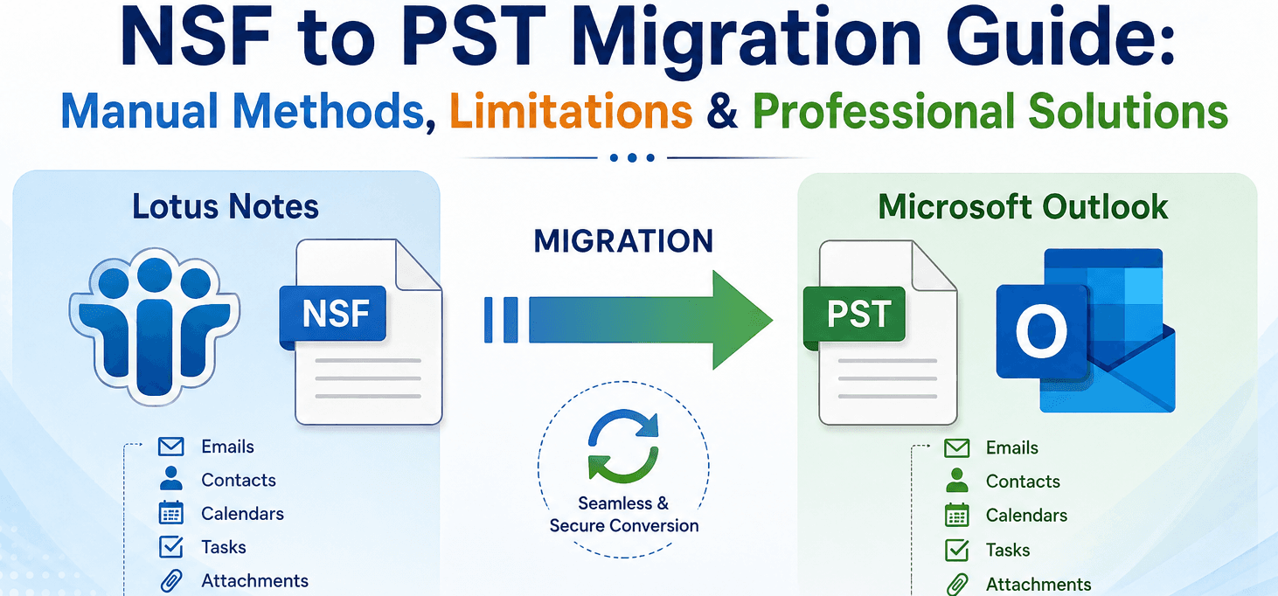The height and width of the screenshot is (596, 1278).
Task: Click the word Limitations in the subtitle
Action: pos(571,111)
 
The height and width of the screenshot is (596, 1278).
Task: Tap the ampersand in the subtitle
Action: pos(722,111)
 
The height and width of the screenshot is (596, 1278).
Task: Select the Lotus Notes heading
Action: pos(226,206)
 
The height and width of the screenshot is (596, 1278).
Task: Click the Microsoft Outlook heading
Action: pos(1023,206)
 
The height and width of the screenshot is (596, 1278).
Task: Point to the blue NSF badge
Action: pos(333,315)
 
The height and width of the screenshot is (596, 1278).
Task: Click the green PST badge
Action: pos(855,315)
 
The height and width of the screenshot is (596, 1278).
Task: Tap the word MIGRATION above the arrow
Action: pos(623,240)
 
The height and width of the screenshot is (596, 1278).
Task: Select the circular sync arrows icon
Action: pos(623,446)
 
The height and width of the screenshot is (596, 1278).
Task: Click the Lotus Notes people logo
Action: pos(155,325)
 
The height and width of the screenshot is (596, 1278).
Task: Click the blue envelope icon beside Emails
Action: pos(171,447)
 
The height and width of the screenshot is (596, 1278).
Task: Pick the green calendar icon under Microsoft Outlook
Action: pos(957,515)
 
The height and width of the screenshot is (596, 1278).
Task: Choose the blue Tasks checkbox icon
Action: pos(171,547)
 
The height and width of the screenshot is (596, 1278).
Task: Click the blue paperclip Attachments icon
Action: pos(171,580)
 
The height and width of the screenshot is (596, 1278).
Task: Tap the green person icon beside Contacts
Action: pos(957,481)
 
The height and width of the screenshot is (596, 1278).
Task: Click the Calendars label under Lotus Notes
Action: pos(242,514)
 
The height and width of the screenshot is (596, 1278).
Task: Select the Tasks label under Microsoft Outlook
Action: pos(1008,550)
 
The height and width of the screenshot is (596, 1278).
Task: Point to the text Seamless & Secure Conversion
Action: pos(623,515)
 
